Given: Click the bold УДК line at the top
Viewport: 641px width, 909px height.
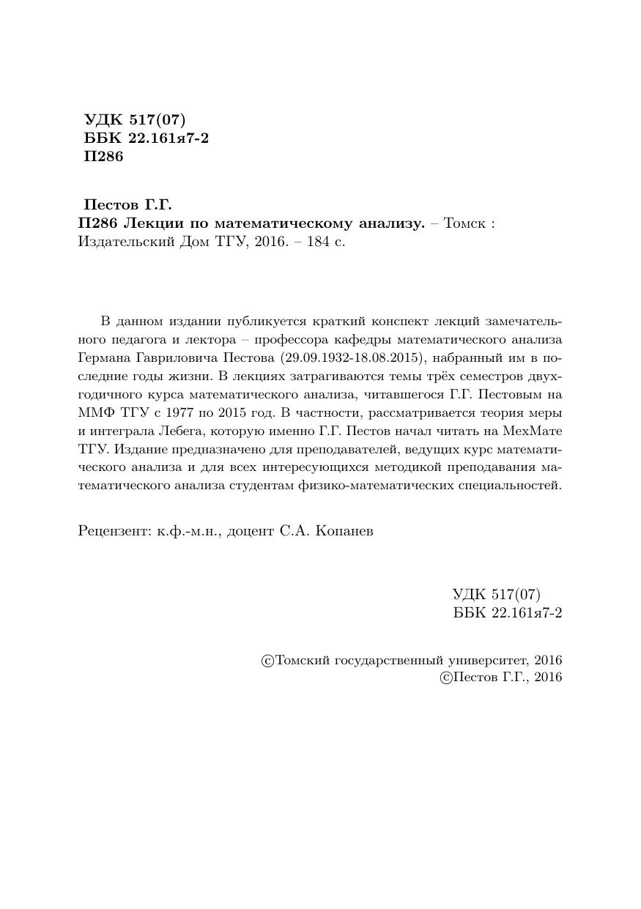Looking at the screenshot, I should pos(136,120).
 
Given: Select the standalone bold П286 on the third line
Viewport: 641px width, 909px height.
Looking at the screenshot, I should pos(104,157).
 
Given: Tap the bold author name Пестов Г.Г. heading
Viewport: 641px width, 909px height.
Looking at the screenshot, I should pos(127,205).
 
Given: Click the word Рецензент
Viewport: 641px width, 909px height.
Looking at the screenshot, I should pos(114,531).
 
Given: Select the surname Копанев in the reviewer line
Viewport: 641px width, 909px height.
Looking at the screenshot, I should pos(345,531).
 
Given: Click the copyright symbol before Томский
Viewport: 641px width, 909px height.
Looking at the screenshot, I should pos(267,661).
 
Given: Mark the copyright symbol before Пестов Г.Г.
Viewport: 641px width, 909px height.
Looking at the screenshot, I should pos(445,678).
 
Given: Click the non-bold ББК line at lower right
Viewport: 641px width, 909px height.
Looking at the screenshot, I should pos(507,613).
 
